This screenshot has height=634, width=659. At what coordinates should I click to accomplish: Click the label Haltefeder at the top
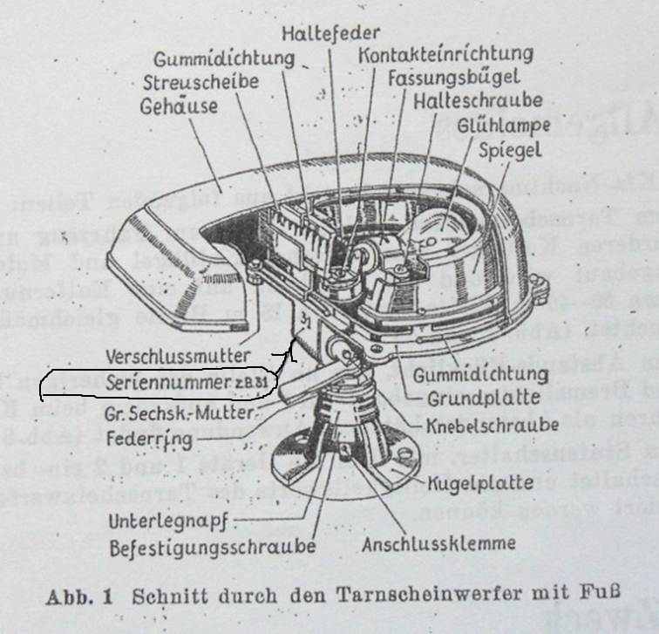pos(330,33)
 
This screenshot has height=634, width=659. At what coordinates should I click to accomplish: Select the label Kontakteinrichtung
pos(445,54)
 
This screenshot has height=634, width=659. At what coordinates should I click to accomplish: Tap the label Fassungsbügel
pos(454,78)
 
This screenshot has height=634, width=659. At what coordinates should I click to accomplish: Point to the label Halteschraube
pos(478,101)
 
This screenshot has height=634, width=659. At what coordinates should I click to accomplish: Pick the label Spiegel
pos(510,149)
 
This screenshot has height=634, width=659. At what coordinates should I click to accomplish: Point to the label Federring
pos(138,436)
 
